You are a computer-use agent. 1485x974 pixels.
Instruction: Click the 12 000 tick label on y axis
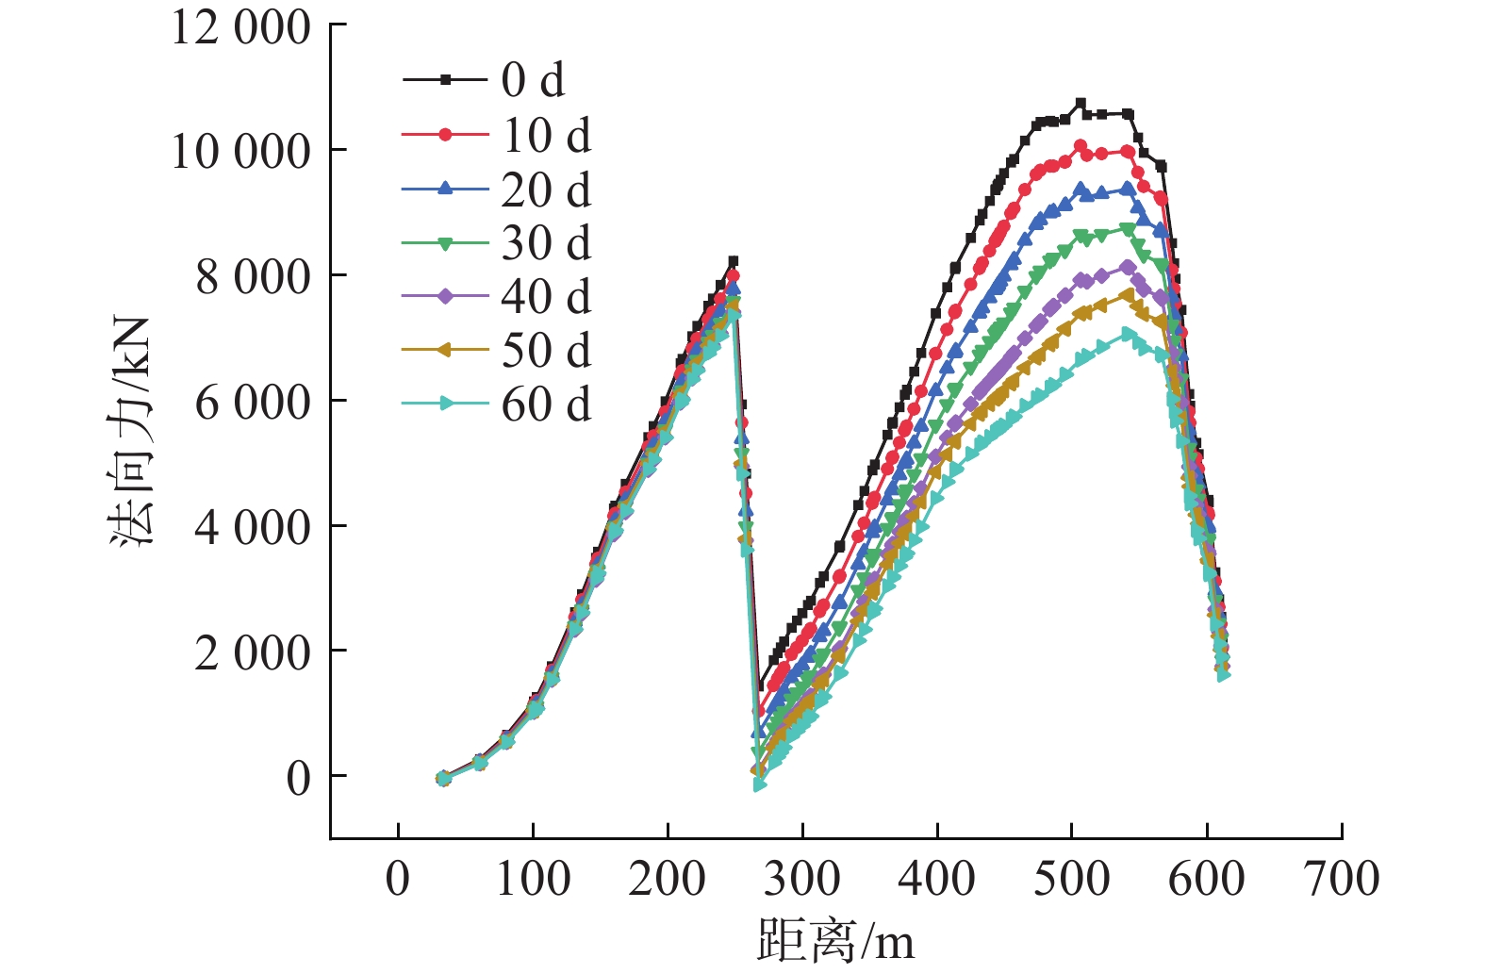point(240,27)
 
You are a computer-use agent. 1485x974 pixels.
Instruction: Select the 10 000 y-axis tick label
point(240,151)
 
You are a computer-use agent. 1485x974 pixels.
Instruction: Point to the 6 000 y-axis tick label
point(252,402)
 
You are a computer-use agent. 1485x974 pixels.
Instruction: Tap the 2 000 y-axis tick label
point(252,652)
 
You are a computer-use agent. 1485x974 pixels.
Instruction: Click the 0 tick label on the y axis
point(298,778)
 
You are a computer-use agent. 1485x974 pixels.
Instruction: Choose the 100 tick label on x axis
point(533,879)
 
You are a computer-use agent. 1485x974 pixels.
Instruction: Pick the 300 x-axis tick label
point(802,879)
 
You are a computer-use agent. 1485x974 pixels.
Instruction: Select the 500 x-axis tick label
point(1072,879)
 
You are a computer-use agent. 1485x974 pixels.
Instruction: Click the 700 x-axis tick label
point(1342,879)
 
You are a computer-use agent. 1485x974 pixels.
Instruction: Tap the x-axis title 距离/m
point(835,941)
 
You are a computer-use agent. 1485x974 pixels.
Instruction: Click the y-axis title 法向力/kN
point(130,432)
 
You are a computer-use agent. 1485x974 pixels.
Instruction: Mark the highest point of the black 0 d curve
point(1081,104)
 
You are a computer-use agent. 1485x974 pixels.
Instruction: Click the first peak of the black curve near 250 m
point(734,261)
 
